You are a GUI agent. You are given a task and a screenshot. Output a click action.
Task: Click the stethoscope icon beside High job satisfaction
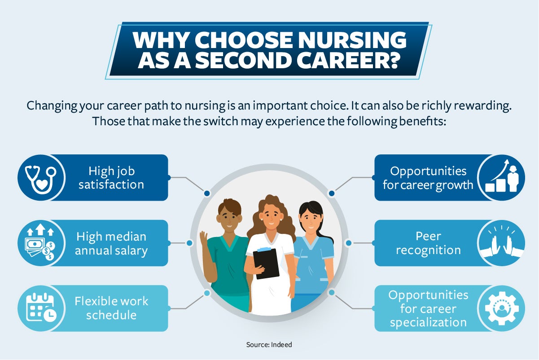tap(41, 179)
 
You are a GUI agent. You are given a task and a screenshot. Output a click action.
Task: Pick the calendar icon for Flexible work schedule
tap(41, 307)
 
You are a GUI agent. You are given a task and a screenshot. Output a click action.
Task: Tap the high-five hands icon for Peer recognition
tap(502, 242)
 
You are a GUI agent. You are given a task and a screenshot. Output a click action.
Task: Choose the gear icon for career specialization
tap(502, 308)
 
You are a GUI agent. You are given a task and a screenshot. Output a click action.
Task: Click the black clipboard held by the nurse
tap(266, 263)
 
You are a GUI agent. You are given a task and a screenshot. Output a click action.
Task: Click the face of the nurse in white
tap(271, 218)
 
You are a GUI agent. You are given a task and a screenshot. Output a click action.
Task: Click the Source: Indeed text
tap(269, 345)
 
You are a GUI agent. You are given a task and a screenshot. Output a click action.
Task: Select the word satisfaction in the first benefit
tap(111, 185)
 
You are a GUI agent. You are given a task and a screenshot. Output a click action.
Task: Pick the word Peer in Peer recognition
tap(428, 236)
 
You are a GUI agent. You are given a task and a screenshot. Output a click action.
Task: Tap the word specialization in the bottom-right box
tap(428, 323)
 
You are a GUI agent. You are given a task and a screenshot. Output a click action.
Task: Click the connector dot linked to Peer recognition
tap(349, 243)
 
